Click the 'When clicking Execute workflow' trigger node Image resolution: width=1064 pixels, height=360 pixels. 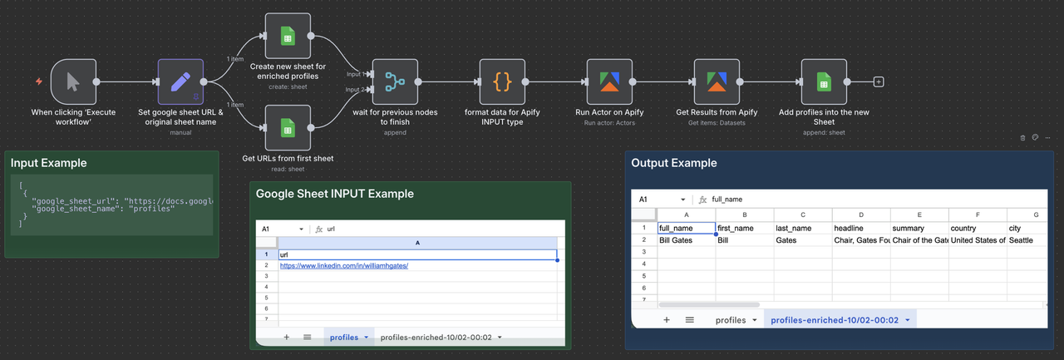point(73,81)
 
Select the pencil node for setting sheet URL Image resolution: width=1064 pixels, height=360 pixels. point(180,81)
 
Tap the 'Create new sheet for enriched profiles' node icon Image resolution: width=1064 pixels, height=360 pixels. point(288,36)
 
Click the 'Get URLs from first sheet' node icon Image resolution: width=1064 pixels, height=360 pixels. point(288,128)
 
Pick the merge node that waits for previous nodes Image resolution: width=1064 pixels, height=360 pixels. point(395,81)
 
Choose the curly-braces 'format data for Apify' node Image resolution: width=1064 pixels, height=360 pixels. point(502,81)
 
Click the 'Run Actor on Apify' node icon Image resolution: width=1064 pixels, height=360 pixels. point(609,81)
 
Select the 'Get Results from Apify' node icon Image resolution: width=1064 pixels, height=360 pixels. point(717,81)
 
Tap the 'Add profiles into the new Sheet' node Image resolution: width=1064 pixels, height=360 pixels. point(824,81)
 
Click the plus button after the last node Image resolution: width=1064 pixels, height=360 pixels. point(879,82)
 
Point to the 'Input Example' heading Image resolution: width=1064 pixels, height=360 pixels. point(49,163)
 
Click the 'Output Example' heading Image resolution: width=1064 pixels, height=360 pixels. point(673,163)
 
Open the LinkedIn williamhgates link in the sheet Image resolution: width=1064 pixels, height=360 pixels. point(343,265)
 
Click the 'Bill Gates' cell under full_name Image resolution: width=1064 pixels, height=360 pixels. point(675,240)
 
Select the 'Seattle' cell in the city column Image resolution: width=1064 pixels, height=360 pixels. point(1022,240)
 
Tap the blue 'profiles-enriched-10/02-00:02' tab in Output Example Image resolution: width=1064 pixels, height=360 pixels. point(834,320)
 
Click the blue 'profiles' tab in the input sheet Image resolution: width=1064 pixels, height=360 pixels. point(343,338)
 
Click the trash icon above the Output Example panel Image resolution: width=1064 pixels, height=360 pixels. point(1023,138)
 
